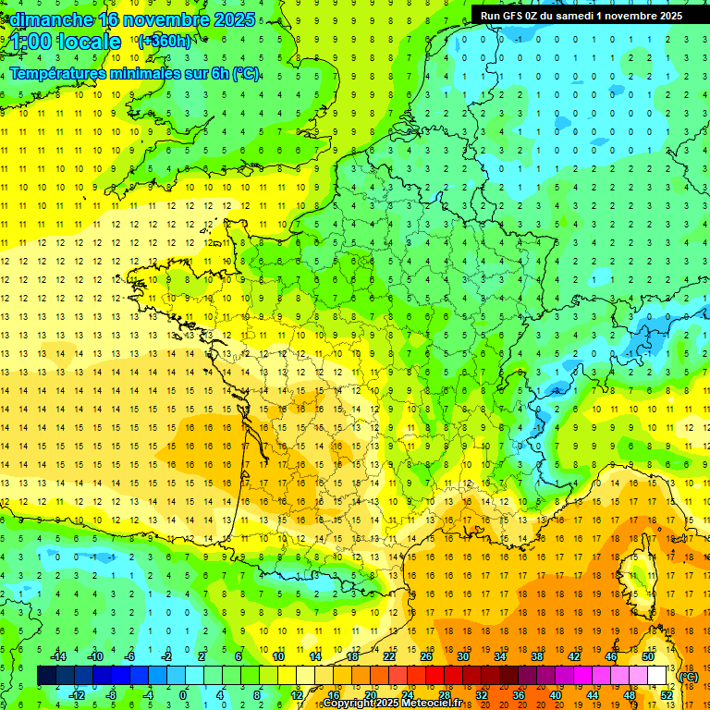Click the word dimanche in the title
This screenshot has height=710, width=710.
[x=40, y=18]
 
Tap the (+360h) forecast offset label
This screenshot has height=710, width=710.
[x=164, y=41]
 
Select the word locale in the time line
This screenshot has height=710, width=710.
[x=88, y=42]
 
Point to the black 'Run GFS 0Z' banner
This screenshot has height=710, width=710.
[x=581, y=15]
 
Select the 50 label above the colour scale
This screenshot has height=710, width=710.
[x=648, y=656]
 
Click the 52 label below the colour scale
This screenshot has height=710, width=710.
[x=667, y=694]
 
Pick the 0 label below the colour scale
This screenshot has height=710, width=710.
[x=183, y=694]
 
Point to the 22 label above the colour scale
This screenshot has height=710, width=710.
[x=389, y=656]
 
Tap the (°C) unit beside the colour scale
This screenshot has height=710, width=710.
[x=689, y=677]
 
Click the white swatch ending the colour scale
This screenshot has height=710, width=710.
[x=657, y=676]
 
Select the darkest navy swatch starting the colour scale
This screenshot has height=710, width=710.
[x=46, y=676]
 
